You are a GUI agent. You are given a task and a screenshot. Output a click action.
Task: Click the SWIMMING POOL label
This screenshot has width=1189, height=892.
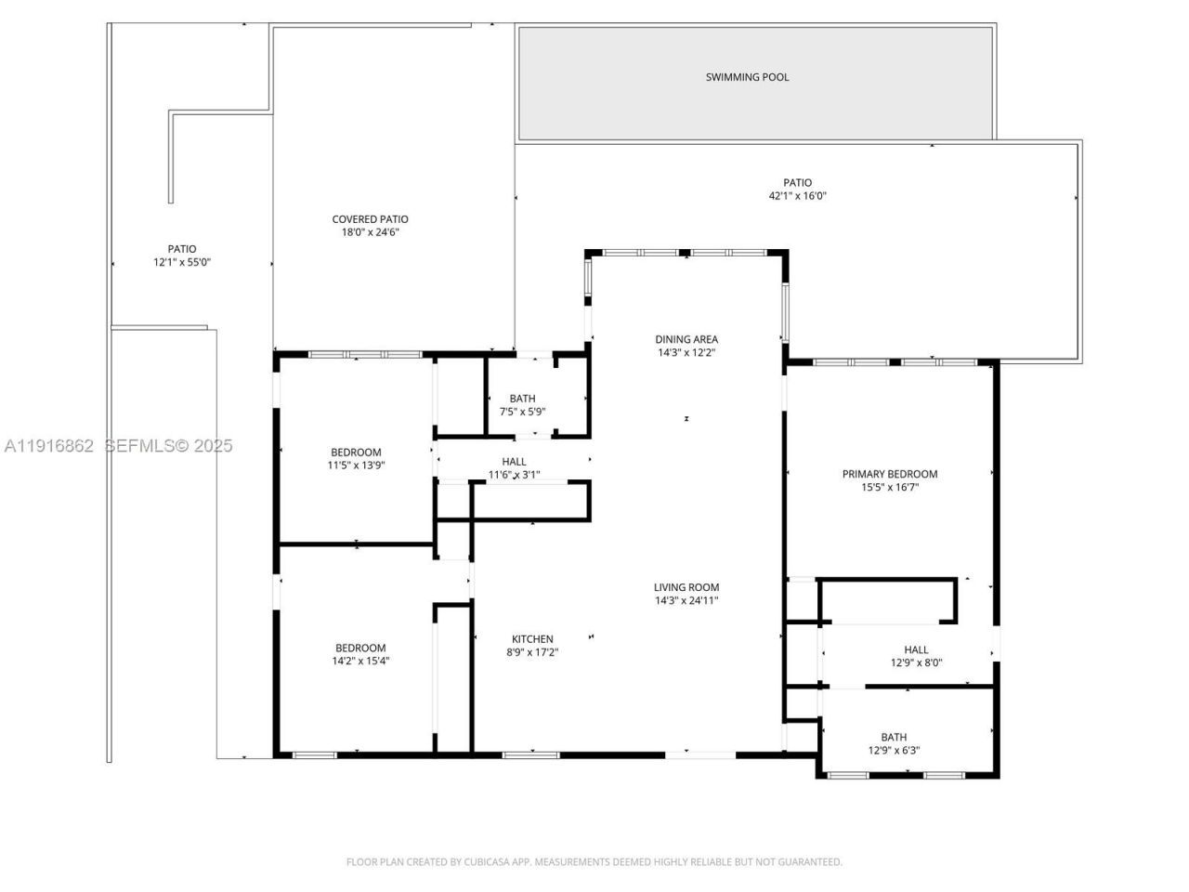[747, 77]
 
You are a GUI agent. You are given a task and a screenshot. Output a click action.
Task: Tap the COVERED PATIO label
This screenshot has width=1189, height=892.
[370, 219]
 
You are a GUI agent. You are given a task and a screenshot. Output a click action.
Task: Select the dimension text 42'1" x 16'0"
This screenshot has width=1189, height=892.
[797, 196]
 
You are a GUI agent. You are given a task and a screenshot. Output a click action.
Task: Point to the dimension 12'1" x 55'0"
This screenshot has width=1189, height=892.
[182, 262]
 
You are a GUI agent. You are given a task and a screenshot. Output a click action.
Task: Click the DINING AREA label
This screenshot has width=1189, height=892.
[686, 339]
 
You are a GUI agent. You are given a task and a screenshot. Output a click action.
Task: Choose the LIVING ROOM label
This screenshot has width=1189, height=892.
[686, 587]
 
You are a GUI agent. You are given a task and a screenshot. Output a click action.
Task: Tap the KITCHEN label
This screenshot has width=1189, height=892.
[532, 639]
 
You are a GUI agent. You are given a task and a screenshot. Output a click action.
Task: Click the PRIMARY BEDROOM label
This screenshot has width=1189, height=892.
[889, 474]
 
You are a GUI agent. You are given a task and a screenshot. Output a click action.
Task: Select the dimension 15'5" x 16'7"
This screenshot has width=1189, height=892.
[889, 487]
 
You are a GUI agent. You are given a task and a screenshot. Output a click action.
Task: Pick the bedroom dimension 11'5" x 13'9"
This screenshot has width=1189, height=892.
[356, 465]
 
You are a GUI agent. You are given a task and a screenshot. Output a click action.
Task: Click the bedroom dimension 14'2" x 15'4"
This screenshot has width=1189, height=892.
[360, 662]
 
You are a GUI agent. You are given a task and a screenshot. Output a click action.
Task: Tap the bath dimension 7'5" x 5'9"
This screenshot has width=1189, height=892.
[522, 411]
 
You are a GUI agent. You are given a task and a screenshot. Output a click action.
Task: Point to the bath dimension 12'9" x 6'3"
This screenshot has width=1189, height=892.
[894, 751]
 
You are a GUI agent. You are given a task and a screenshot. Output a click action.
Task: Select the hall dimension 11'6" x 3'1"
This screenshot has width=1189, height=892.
[514, 475]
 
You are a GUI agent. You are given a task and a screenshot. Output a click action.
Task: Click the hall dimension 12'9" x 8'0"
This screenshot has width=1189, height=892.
[916, 663]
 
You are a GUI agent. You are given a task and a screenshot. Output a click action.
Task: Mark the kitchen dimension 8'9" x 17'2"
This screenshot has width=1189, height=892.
[532, 652]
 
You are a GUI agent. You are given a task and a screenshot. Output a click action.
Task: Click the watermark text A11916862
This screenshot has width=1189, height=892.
[48, 446]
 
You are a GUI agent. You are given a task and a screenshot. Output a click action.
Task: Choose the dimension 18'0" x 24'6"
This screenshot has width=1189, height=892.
[370, 232]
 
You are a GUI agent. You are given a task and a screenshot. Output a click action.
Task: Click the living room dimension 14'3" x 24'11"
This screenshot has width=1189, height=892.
[686, 600]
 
